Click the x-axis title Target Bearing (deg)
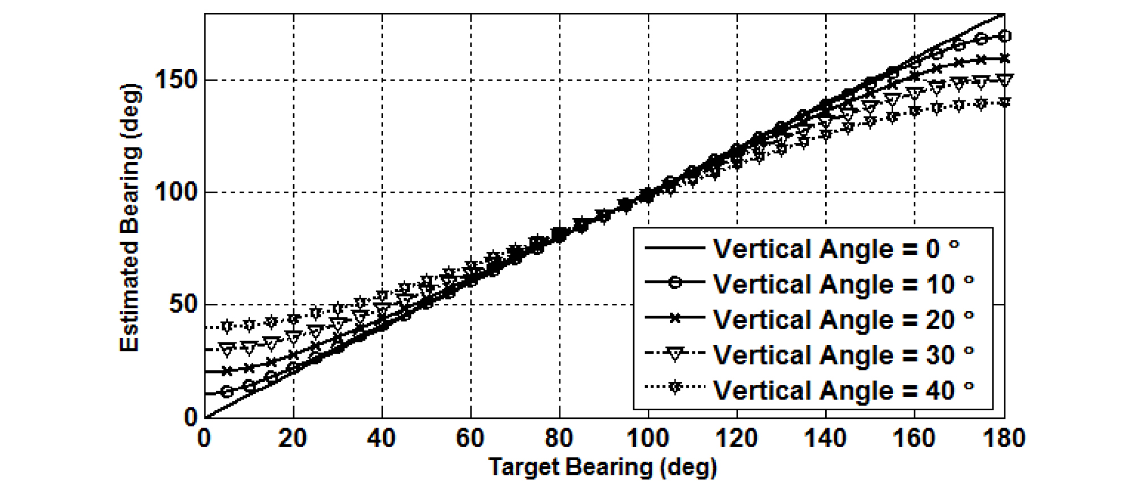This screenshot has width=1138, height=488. pos(602,468)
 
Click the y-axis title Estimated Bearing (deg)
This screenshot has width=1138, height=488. pos(130,218)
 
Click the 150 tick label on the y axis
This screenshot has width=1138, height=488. pos(176,80)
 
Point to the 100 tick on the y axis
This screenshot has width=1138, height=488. pos(176,192)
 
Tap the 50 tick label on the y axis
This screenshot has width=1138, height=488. pos(182,304)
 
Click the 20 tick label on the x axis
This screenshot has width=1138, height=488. pos(293,439)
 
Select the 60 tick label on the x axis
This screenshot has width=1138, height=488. pos(470,439)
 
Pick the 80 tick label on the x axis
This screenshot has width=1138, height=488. pos(559,439)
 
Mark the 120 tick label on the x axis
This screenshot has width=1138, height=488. pos(736,439)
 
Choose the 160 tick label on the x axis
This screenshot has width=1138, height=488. pos(914,439)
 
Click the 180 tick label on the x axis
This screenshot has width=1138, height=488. pos(1004,439)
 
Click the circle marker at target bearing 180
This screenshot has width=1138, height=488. pos(1004,36)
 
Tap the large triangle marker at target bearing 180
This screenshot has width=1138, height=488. pos(1004,80)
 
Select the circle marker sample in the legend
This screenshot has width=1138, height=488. pos(674,282)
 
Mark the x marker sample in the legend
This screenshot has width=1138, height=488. pos(674,318)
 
